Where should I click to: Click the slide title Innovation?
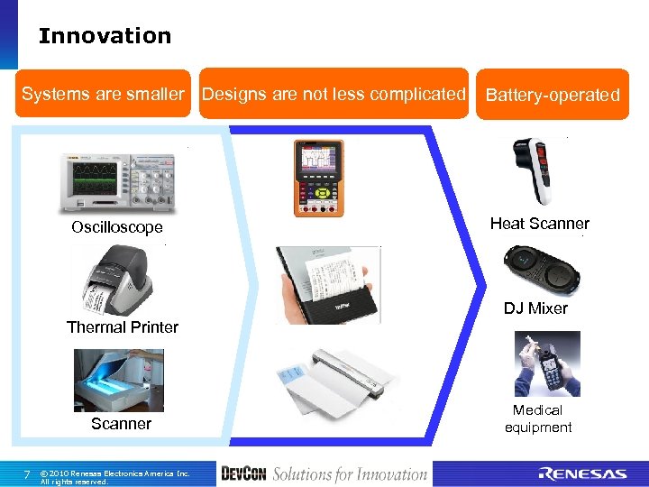coord(105,36)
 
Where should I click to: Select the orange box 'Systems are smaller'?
coord(103,94)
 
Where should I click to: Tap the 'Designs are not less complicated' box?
coord(334,94)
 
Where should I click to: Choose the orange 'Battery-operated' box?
coord(553,95)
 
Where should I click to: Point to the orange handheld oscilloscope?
coord(318,179)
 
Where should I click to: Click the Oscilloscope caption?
coord(117,227)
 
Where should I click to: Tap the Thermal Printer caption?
coord(123,327)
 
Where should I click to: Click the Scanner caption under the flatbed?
coord(121,424)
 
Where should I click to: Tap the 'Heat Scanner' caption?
coord(539,224)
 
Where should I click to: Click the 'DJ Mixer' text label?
coord(535,308)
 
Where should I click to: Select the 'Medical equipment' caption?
coord(538,418)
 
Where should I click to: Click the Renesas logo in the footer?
coord(582,473)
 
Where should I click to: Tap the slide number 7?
coord(27,474)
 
